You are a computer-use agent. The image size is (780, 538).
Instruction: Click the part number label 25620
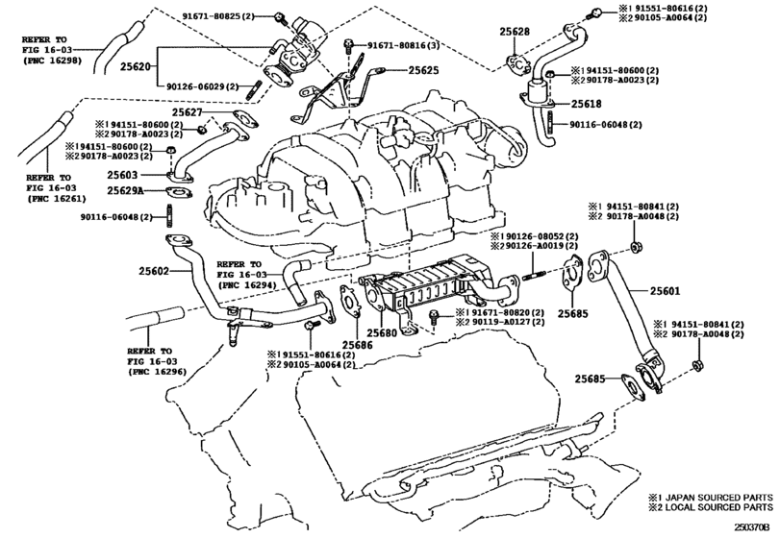click(x=135, y=65)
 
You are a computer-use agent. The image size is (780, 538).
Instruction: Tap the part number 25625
click(x=423, y=70)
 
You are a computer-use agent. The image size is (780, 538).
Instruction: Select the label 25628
click(x=515, y=32)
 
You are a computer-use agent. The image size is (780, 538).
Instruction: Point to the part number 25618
click(x=586, y=104)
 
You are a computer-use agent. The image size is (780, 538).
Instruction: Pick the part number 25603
click(x=122, y=175)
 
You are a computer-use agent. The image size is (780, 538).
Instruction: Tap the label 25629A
click(x=125, y=190)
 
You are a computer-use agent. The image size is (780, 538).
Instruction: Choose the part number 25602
click(x=154, y=271)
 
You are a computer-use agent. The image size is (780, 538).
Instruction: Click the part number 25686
click(x=357, y=344)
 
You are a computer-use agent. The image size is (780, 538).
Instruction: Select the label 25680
click(x=382, y=332)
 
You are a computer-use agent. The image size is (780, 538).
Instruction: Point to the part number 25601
click(x=665, y=290)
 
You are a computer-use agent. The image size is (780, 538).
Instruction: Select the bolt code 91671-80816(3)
click(x=403, y=46)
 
